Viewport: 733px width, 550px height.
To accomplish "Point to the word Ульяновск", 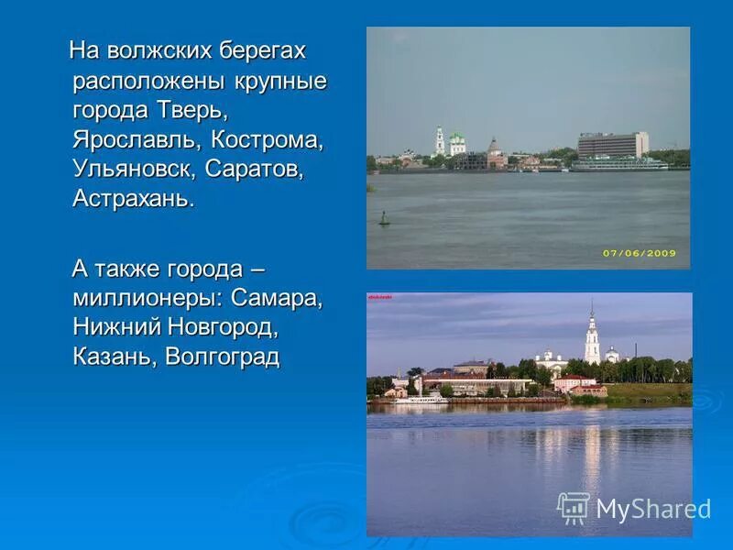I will pos(134,170).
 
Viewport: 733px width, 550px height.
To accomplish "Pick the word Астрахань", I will pos(133,200).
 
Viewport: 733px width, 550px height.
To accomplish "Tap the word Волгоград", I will pos(223,357).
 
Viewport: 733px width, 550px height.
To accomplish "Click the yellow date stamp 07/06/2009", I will pos(640,253).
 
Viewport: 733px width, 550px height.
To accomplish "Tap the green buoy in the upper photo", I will pos(384,219).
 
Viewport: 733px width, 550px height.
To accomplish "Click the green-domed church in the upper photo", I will pos(456,144).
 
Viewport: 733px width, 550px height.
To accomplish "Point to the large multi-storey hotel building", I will pos(612,145).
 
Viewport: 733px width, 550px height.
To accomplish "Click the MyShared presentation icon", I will pos(574,507).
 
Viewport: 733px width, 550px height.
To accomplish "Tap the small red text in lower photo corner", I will pos(379,297).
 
